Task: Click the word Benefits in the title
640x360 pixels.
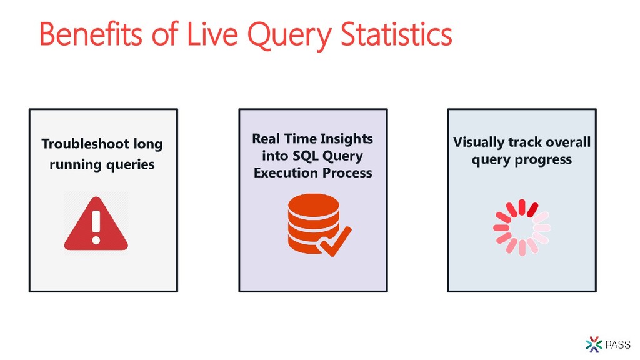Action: [x=91, y=34]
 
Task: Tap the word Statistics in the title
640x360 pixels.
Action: [x=396, y=34]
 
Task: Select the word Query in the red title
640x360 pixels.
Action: [x=289, y=36]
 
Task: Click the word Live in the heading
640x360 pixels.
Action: [x=212, y=34]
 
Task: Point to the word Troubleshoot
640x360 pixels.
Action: [x=85, y=144]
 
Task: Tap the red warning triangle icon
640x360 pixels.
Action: [x=96, y=223]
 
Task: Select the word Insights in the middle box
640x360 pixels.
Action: [x=346, y=139]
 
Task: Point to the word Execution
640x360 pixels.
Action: [x=280, y=172]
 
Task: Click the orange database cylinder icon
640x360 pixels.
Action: [x=314, y=223]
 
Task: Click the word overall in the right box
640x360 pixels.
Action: [x=568, y=142]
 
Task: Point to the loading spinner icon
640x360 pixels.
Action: [x=522, y=227]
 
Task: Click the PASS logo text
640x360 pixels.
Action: [x=618, y=345]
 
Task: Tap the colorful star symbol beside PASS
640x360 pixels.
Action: [x=594, y=345]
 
